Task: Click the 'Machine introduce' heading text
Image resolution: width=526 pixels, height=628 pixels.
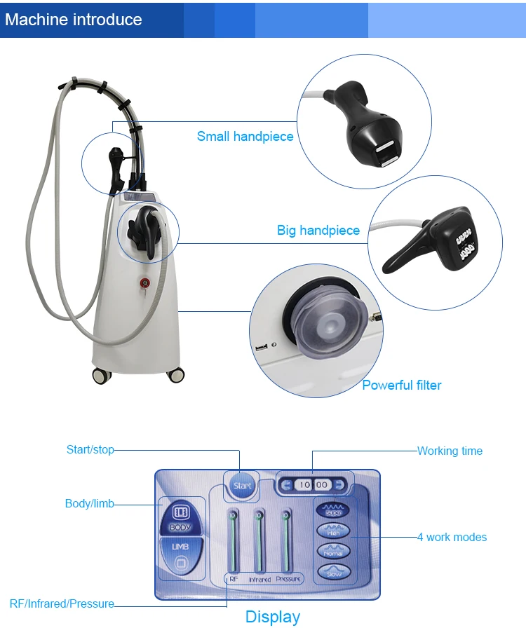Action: pos(74,19)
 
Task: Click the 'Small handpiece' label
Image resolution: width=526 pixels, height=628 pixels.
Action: pos(245,137)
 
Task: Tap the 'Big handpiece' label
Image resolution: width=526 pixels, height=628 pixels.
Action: pos(318,231)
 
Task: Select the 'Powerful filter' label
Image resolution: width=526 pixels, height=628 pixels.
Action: pos(401,385)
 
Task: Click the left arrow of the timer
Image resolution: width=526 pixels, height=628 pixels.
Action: pos(286,484)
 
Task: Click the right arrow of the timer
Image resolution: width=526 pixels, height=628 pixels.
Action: pos(339,484)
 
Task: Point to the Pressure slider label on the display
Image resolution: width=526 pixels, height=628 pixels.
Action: pos(288,579)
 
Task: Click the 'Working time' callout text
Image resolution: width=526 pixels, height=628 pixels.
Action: pos(450,451)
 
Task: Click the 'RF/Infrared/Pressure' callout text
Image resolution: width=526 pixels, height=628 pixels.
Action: pos(62,603)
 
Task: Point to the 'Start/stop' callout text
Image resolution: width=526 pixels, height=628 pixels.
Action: pos(90,449)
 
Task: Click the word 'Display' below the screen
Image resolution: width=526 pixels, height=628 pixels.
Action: pos(272,617)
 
